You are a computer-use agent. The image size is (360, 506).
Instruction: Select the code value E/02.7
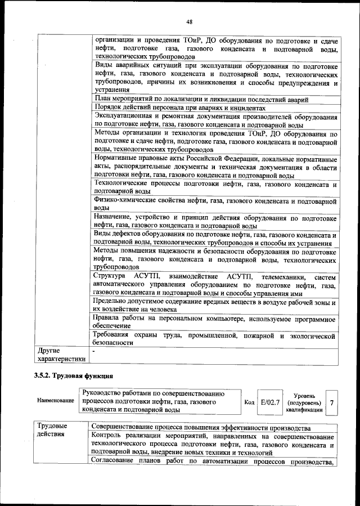(x=271, y=402)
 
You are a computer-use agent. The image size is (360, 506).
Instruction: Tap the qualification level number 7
(x=332, y=402)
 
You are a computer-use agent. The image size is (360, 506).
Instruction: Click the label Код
(x=249, y=403)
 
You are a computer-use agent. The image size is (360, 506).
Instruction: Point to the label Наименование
(x=56, y=401)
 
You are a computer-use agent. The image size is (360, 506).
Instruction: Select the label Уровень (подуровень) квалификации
(x=304, y=403)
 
